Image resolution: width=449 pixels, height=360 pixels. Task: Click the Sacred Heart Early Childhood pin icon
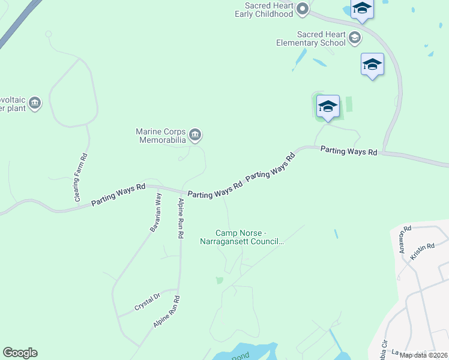pos(303,9)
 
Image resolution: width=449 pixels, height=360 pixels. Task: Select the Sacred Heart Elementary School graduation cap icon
pos(355,38)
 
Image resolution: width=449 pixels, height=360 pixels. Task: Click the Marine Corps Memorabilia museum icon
pos(194,135)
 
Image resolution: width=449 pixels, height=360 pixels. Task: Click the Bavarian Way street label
pos(155,212)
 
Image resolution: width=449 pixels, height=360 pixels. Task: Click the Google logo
pos(20,353)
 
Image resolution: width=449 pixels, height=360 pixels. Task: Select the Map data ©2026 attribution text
pos(423,355)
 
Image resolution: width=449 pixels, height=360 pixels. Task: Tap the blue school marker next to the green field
pos(328,106)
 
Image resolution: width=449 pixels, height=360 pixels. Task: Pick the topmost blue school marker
pos(362,8)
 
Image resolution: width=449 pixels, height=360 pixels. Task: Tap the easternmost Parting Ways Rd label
pos(348,151)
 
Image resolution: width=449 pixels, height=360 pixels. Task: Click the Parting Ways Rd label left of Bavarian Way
pos(118,195)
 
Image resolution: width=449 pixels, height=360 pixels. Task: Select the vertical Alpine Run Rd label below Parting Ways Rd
pos(179,217)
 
